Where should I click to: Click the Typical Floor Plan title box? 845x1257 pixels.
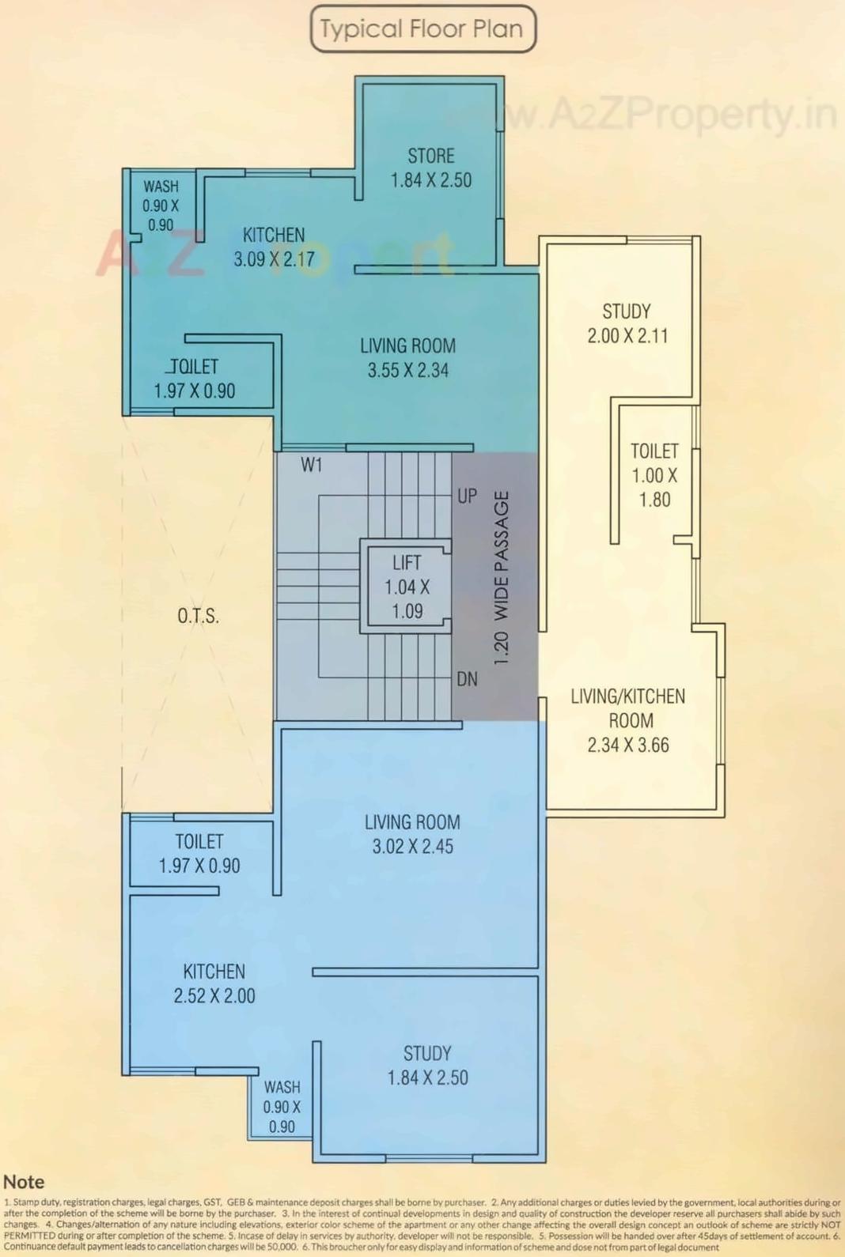(422, 29)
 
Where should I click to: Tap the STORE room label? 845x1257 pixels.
(430, 156)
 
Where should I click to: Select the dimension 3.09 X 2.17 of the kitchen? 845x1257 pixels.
(274, 259)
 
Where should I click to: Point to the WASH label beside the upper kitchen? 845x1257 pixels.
(161, 187)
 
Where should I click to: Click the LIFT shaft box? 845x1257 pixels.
(407, 587)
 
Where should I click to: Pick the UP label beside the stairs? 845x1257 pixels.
(467, 496)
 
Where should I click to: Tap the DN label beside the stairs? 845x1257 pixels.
(467, 679)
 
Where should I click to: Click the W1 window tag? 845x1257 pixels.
(312, 466)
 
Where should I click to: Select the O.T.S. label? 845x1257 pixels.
(198, 616)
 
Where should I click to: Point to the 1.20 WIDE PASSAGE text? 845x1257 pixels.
(501, 578)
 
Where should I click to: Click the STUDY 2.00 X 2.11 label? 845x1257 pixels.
(627, 323)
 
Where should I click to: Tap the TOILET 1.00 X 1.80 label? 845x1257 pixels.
(654, 475)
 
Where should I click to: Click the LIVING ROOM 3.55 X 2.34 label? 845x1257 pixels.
(407, 358)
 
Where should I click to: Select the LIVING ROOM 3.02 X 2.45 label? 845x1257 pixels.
(412, 834)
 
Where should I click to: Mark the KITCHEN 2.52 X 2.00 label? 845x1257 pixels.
(214, 983)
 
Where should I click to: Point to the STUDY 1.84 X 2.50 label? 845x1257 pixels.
(427, 1066)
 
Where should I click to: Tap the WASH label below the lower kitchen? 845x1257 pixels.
(282, 1088)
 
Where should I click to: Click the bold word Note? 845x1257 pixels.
(24, 1182)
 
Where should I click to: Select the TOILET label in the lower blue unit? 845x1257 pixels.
(199, 842)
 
